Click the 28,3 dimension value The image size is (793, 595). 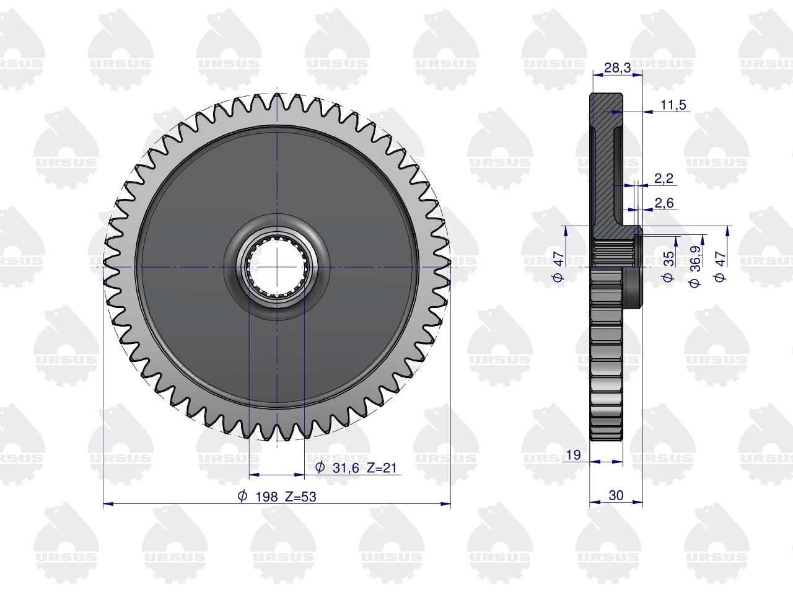point(617,68)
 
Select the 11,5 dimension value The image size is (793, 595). point(673,105)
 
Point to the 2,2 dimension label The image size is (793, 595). point(664,178)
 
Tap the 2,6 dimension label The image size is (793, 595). point(664,203)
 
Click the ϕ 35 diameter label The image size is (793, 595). point(668,266)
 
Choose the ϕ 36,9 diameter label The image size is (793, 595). point(694,267)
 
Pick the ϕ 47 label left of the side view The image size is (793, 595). point(559,267)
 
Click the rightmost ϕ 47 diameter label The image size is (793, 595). point(720,267)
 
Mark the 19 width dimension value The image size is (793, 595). point(573,455)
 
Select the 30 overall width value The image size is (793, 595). point(616,495)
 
